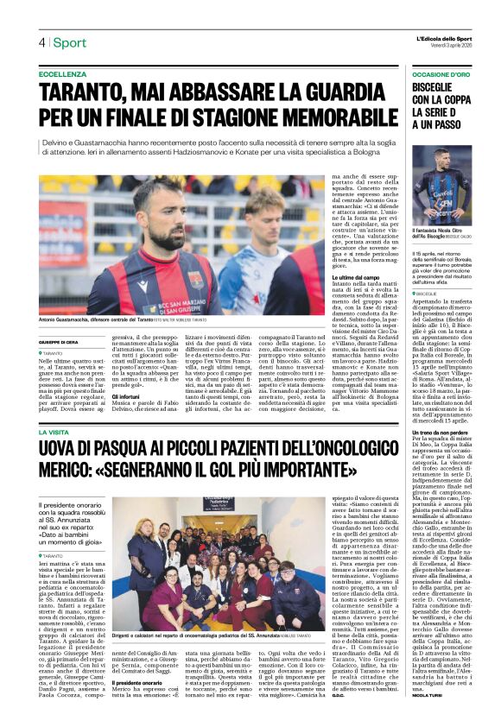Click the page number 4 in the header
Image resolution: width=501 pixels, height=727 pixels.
41,42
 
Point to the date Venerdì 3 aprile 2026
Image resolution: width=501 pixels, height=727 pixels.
441,46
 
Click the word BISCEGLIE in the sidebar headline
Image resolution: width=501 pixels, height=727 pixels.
441,90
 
